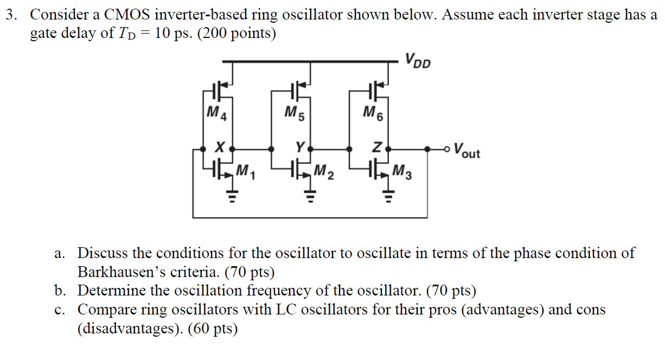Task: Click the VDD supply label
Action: point(417,60)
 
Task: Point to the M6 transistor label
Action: point(373,113)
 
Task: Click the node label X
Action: point(219,147)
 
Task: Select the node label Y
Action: point(299,146)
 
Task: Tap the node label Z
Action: point(379,147)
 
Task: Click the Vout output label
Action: point(466,150)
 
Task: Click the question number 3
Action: point(10,15)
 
